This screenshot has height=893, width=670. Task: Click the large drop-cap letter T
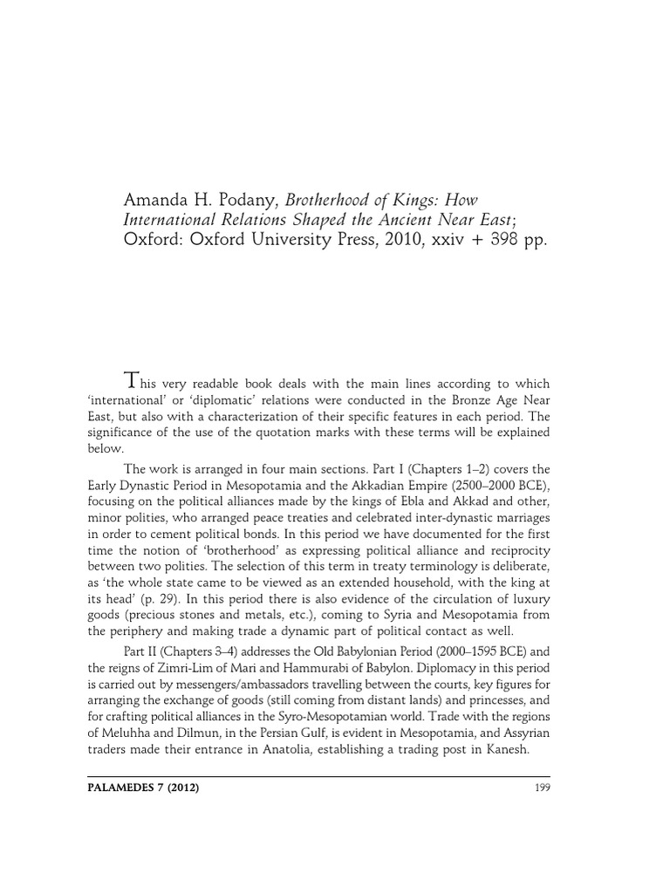pyautogui.click(x=132, y=381)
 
